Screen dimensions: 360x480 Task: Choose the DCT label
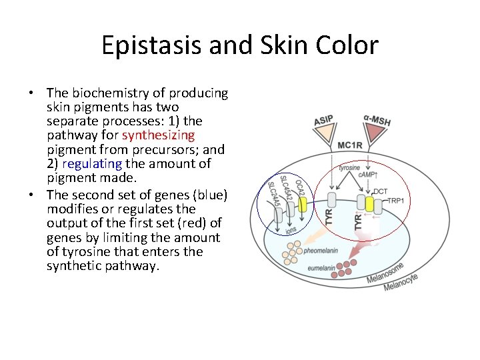pos(380,191)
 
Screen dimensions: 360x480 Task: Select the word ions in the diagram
pos(291,230)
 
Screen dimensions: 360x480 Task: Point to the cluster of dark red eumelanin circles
pos(348,269)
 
